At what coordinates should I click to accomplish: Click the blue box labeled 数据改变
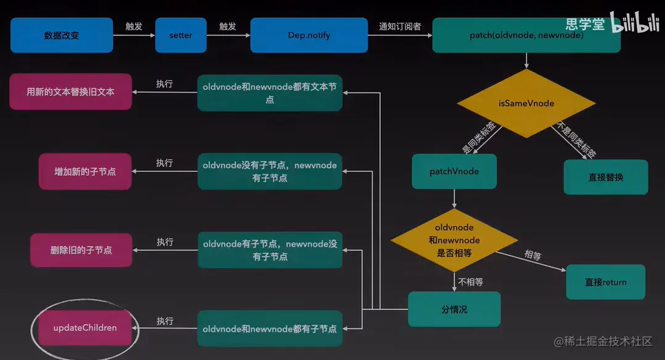point(62,35)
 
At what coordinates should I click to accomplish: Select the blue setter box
point(180,35)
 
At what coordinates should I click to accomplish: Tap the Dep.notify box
point(309,35)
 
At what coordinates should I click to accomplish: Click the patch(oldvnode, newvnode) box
point(526,35)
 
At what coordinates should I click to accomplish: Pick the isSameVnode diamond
point(526,103)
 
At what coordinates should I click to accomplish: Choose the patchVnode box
point(454,171)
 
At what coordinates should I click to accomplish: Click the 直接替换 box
point(605,177)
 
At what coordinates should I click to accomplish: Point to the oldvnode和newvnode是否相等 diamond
point(454,240)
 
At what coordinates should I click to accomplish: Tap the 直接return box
point(605,282)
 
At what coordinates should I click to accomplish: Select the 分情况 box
point(454,309)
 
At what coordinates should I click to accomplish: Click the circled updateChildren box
point(85,328)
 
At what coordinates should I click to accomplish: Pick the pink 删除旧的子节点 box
point(81,250)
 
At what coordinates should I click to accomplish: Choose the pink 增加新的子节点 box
point(85,171)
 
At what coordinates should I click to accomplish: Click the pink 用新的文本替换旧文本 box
point(70,92)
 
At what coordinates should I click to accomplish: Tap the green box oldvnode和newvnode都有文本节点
point(270,93)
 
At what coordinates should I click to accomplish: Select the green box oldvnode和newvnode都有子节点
point(270,329)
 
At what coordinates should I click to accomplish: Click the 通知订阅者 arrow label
point(399,26)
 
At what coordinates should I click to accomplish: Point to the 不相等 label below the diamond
point(470,282)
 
